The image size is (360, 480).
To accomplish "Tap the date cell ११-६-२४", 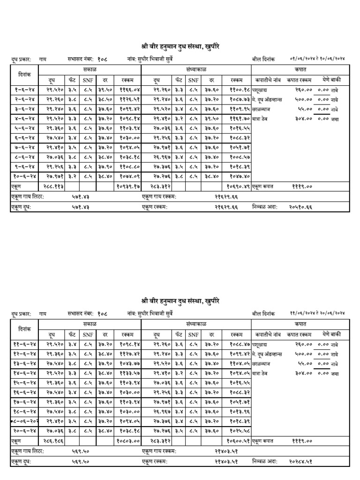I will click(x=24, y=344).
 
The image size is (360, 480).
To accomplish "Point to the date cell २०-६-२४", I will click(x=24, y=431).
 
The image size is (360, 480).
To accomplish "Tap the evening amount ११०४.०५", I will click(x=240, y=363).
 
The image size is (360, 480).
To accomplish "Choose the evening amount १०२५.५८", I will click(x=240, y=431).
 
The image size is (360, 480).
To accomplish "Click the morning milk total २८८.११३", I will click(x=55, y=186).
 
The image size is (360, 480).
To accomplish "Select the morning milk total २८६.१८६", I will click(x=55, y=441).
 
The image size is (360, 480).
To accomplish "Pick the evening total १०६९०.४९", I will click(x=239, y=186).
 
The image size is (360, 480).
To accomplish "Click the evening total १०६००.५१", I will click(x=239, y=441).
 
